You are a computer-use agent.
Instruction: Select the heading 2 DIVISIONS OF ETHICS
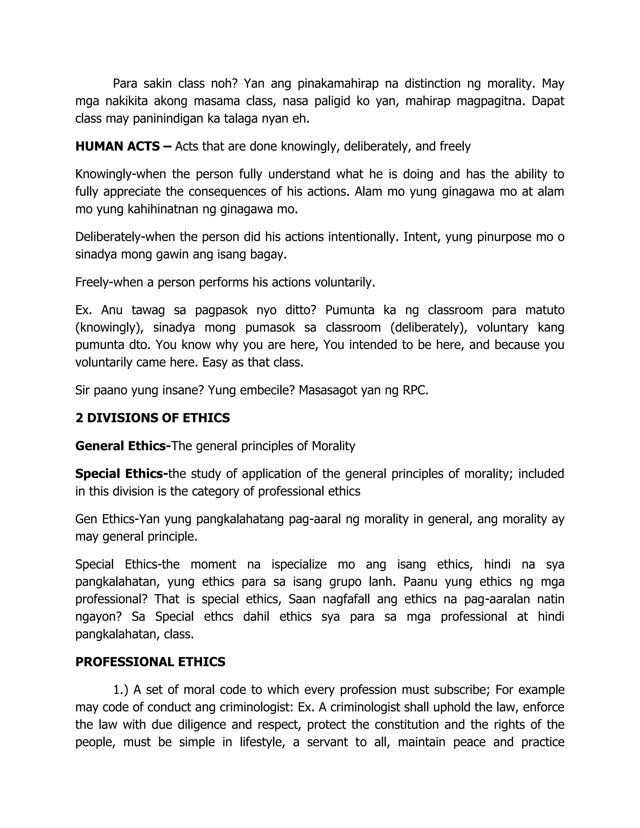click(152, 418)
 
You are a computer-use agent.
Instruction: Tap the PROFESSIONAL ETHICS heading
click(150, 662)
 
